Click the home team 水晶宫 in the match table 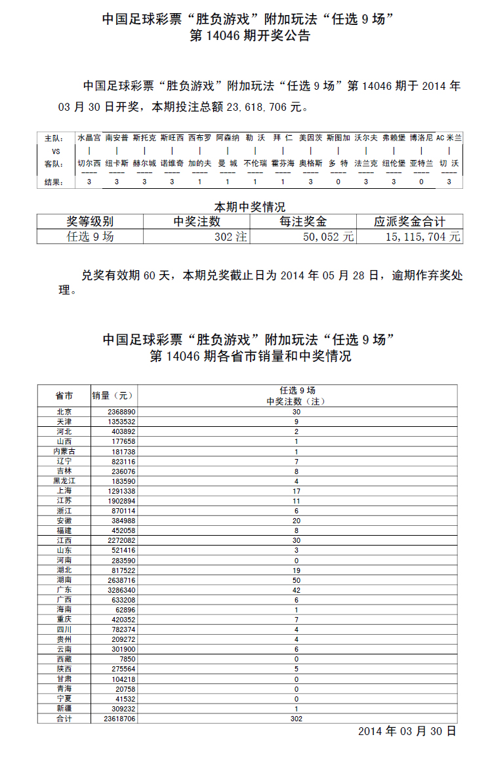click(x=89, y=138)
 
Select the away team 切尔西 click(x=89, y=163)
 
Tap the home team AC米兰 click(x=449, y=138)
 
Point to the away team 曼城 click(x=228, y=163)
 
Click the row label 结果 click(x=53, y=182)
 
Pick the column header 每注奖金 click(x=303, y=222)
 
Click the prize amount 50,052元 click(x=328, y=237)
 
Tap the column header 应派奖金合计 click(x=409, y=222)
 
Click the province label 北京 click(x=64, y=412)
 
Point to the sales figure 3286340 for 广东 click(x=123, y=590)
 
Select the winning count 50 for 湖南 click(x=297, y=580)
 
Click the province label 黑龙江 click(x=64, y=481)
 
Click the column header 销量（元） click(x=112, y=395)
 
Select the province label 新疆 click(x=64, y=709)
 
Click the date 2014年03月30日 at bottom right click(x=407, y=731)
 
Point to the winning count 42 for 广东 click(x=297, y=590)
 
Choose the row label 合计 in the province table click(x=64, y=719)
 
